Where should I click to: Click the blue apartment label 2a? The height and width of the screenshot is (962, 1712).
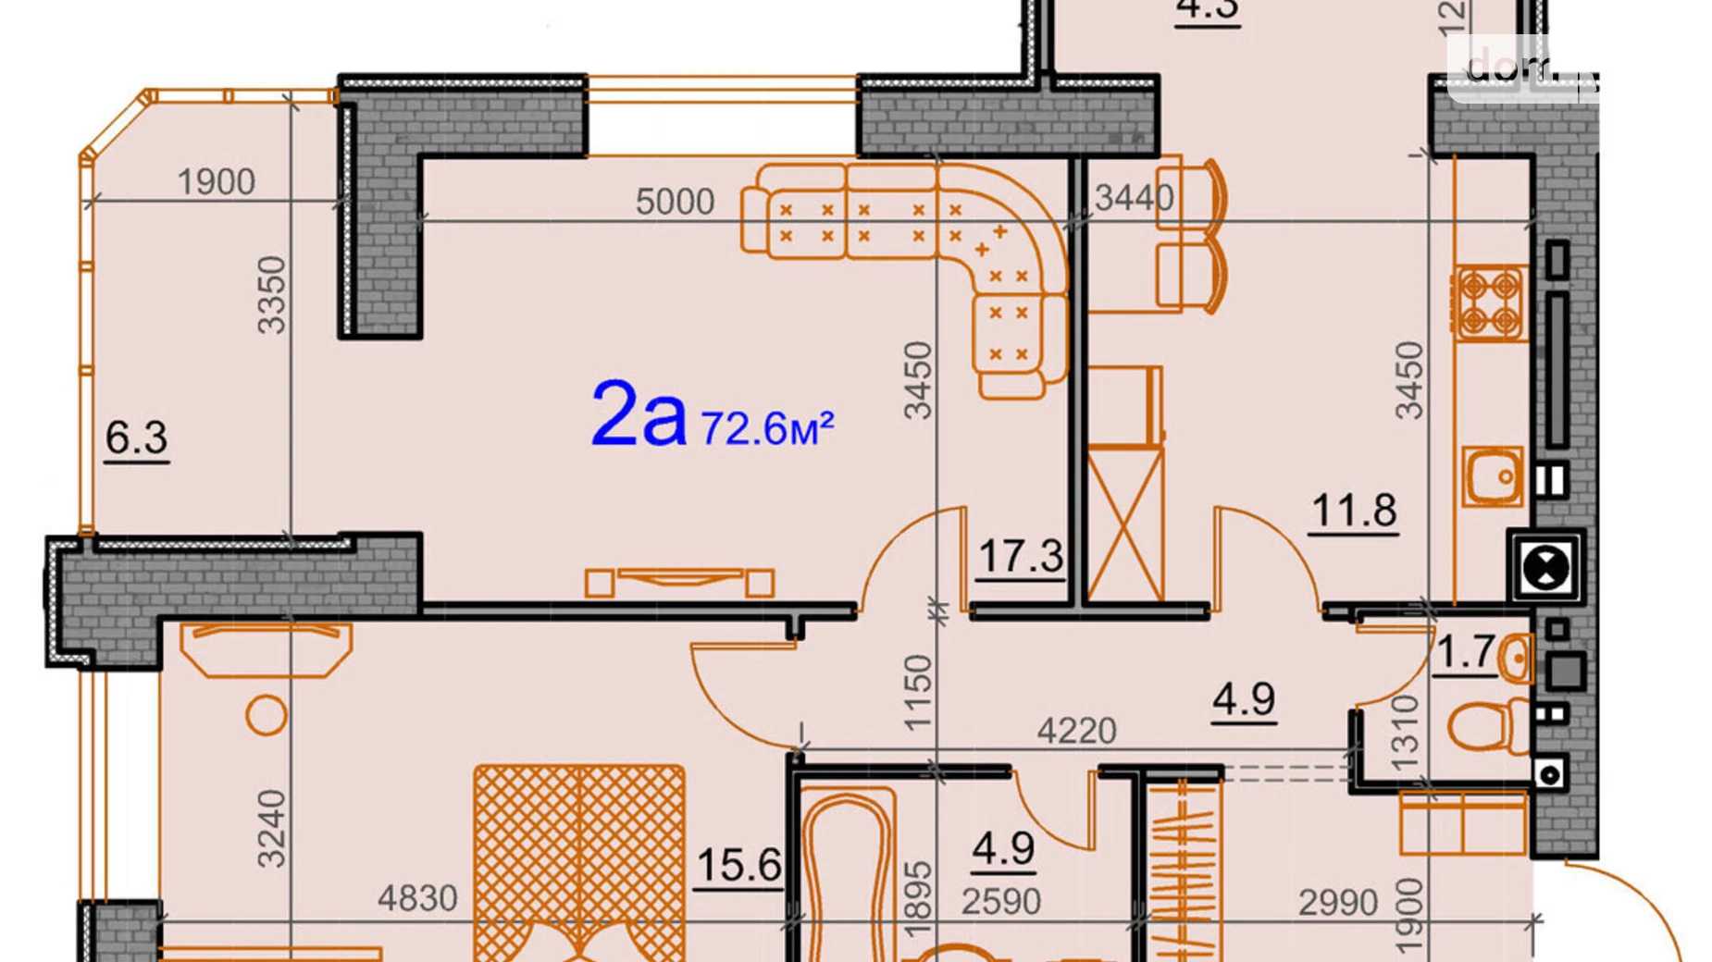point(638,415)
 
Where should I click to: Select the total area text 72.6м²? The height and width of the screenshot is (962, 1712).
point(767,428)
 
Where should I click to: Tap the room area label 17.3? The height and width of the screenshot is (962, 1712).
point(1020,557)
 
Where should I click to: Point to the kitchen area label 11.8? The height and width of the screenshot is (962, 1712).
point(1354,511)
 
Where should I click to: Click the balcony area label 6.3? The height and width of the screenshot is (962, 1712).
point(136,438)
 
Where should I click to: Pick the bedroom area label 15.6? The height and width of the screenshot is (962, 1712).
point(738,866)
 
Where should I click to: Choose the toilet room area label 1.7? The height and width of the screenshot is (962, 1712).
point(1466,652)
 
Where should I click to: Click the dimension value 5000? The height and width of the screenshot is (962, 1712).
point(675,202)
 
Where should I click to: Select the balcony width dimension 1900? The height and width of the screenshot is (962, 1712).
point(216,182)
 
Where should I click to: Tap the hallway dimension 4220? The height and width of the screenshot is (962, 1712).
point(1076,732)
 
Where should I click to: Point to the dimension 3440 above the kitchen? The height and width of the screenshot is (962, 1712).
point(1134,197)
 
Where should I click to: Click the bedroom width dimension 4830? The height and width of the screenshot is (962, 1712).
point(417,898)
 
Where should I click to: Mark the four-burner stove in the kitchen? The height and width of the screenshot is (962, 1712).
point(1490,303)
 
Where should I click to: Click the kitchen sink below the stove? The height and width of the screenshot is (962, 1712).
point(1493,475)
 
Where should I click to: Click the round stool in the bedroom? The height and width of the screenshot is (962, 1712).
point(267,715)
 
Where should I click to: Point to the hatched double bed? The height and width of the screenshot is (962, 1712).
point(579,860)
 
